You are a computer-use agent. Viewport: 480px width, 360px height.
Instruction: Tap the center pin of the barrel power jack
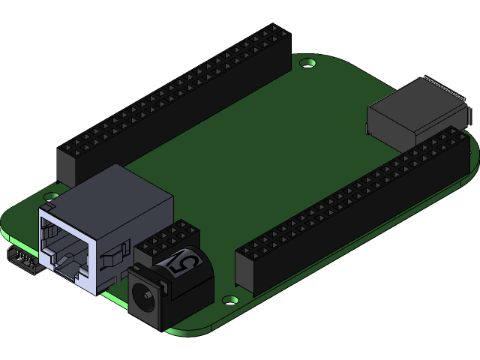(x=144, y=295)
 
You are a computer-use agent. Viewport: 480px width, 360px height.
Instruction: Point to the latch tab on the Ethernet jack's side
(x=107, y=259)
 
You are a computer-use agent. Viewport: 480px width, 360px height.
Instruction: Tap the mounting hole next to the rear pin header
(x=307, y=64)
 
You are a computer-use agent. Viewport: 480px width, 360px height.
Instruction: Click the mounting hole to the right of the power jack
(x=229, y=299)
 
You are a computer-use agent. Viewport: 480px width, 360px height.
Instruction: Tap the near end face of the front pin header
(x=247, y=270)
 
